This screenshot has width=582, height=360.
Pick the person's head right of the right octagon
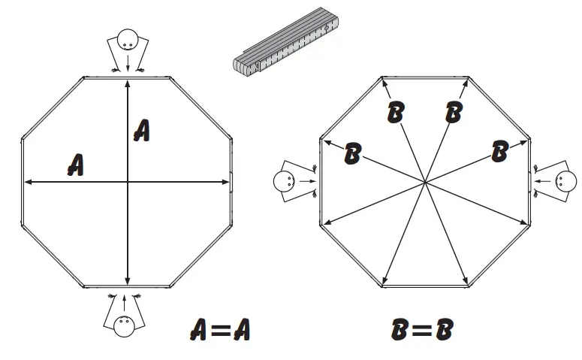point(565,180)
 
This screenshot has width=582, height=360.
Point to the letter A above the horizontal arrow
point(75,163)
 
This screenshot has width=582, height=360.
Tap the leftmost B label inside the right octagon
point(352,154)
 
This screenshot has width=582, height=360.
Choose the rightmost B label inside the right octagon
point(499,151)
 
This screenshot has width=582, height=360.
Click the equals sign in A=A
point(219,329)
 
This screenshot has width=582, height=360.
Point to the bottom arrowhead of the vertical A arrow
point(128,282)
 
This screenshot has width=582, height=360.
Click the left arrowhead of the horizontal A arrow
point(27,181)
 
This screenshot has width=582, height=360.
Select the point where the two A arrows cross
point(128,181)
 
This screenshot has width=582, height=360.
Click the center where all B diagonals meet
point(425,182)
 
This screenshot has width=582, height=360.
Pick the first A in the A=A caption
point(198,329)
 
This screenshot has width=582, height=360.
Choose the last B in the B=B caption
point(445,329)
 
